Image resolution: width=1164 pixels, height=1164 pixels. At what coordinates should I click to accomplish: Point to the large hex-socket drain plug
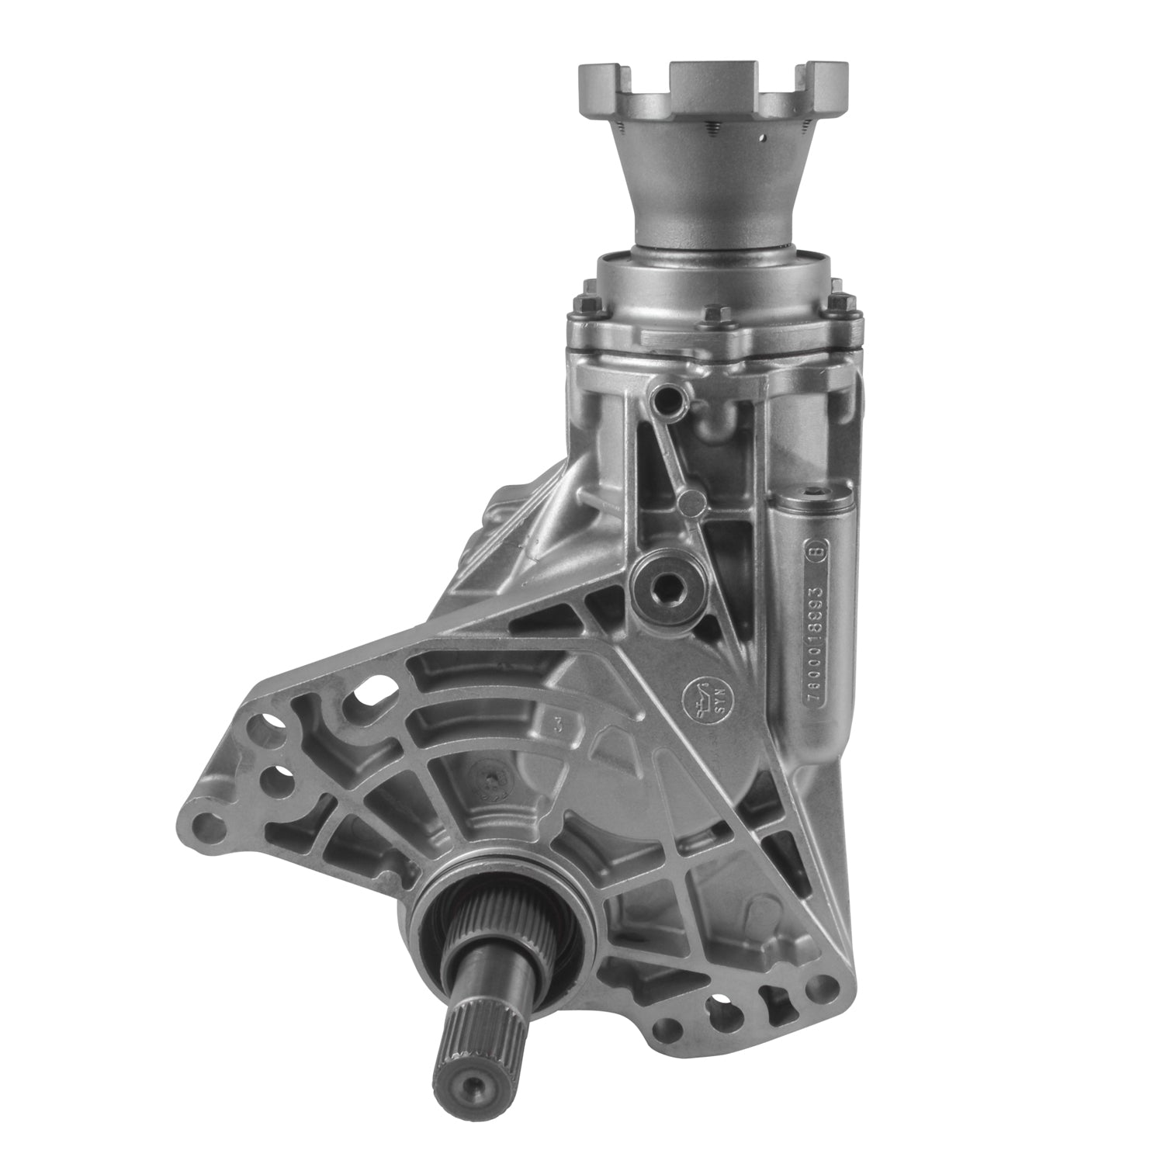(667, 584)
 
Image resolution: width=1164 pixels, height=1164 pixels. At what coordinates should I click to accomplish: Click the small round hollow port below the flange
(667, 401)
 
